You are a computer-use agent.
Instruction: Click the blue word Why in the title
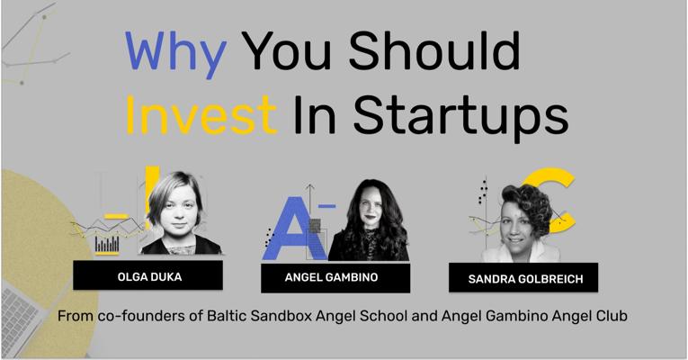click(x=176, y=53)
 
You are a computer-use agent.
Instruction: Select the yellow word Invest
click(x=201, y=115)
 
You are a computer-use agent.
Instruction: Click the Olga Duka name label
click(x=147, y=275)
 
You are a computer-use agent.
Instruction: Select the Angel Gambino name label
click(x=335, y=278)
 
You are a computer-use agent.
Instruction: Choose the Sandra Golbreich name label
click(x=523, y=277)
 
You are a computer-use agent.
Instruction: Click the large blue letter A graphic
click(x=293, y=229)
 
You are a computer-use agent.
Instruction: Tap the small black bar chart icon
click(x=107, y=244)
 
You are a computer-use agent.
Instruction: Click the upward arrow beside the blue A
click(x=310, y=201)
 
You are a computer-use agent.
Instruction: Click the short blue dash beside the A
click(x=326, y=205)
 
